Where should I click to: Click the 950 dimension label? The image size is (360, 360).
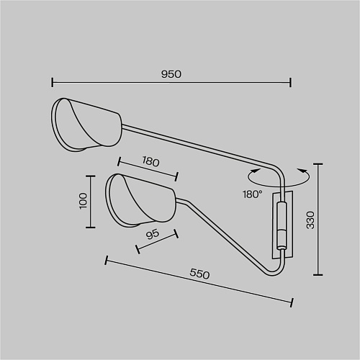[171, 74]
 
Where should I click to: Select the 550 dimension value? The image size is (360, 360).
[199, 274]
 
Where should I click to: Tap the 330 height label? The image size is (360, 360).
[310, 220]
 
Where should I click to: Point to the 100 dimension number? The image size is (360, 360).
[83, 201]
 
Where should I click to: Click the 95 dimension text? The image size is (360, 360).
[153, 235]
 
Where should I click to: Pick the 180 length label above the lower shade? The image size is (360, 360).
[150, 161]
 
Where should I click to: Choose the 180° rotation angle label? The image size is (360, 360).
[252, 194]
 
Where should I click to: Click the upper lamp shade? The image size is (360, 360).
[86, 125]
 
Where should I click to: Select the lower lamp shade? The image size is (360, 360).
[140, 200]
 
